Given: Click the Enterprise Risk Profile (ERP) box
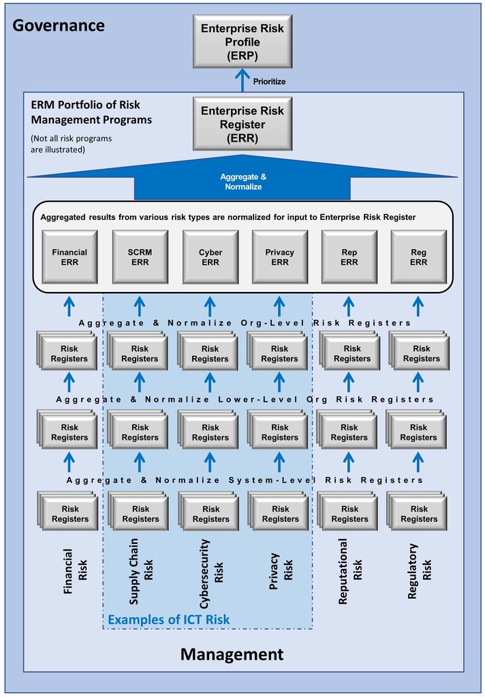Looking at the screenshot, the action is (x=242, y=42).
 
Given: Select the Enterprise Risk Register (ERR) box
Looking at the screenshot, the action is (x=242, y=124).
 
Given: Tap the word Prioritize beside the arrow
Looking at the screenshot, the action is (x=269, y=82).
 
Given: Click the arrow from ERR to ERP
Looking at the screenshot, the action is (x=242, y=80).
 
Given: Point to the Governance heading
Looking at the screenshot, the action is (x=59, y=25).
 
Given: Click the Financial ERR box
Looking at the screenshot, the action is (x=69, y=257).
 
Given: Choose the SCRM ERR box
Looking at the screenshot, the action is (x=140, y=257).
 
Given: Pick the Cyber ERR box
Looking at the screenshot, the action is (x=210, y=257).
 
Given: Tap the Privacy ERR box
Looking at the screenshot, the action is (x=279, y=257).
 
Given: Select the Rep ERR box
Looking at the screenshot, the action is (x=349, y=257).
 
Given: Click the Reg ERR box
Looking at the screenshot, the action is (x=418, y=257).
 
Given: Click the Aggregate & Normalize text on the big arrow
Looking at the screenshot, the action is (x=243, y=182).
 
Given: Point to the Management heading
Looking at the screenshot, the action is (x=232, y=654).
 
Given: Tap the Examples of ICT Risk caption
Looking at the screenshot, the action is (x=169, y=619).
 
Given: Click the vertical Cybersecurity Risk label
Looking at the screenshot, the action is (x=211, y=574).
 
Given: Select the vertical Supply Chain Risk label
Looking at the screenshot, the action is (x=140, y=572).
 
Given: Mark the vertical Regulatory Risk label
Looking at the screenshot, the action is (x=419, y=571).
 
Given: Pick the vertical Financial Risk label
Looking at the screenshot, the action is (x=75, y=571).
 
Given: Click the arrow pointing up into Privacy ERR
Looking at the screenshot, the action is (x=279, y=306).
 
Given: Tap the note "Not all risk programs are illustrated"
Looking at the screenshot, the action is (x=72, y=144).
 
